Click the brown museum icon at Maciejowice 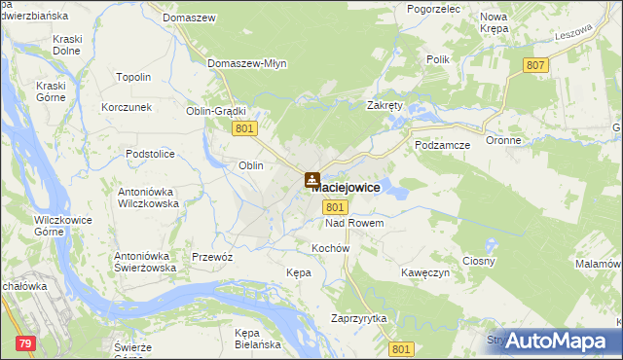pos(311,180)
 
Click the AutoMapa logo pos(557,341)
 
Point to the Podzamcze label pos(442,145)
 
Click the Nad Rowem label pos(354,224)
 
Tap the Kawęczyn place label pos(425,273)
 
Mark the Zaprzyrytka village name pos(359,319)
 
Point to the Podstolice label pos(150,154)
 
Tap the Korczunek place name pos(127,106)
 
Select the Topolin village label pos(133,77)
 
